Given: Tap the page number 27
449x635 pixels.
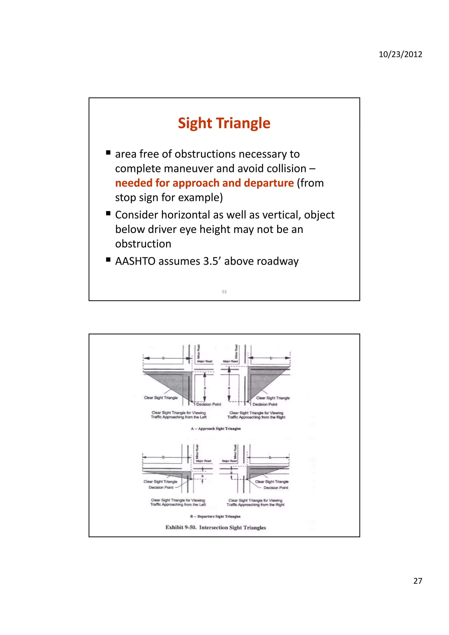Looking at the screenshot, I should coord(417,581).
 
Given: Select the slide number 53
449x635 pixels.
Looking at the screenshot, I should coord(224,292).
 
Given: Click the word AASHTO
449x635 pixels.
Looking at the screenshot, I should coord(135,261).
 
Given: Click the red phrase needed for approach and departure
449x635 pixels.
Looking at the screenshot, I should coord(204,183).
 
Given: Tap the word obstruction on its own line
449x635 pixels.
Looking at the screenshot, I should coord(143,244).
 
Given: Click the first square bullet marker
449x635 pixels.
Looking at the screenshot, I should coord(108,153).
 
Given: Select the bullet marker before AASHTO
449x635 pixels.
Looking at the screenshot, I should coord(108,260).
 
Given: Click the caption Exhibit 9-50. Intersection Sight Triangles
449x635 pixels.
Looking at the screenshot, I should coord(216,527).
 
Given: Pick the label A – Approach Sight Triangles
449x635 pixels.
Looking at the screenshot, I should coord(216,429).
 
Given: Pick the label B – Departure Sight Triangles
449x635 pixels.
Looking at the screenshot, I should coord(215,516).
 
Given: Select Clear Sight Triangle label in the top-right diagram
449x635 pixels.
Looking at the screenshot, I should coord(273,398).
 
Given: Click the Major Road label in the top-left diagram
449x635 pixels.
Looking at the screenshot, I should coord(205,361).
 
